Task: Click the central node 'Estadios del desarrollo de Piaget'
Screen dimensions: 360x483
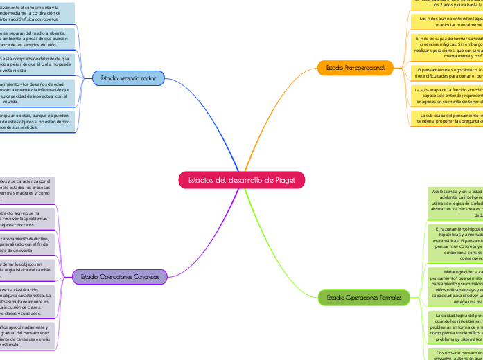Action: [x=242, y=180]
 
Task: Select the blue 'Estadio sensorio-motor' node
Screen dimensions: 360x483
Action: [x=128, y=78]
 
